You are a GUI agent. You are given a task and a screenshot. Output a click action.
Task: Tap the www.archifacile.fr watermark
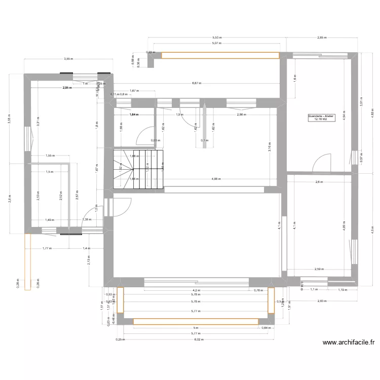[x=349, y=343]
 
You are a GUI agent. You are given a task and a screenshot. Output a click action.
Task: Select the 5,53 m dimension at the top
[x=216, y=37]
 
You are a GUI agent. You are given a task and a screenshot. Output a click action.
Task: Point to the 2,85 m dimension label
[x=322, y=37]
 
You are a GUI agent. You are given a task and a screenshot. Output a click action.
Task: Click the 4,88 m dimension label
[x=215, y=179]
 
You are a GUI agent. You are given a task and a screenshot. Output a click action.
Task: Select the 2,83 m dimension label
[x=322, y=301]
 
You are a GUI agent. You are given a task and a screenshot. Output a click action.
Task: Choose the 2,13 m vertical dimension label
[x=88, y=260]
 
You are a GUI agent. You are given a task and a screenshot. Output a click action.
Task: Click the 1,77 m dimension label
[x=47, y=248]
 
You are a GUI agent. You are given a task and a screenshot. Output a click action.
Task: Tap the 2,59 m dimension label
[x=319, y=269]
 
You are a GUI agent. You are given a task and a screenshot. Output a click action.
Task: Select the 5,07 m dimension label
[x=216, y=44]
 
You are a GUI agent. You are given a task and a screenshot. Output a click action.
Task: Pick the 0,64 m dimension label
[x=265, y=328]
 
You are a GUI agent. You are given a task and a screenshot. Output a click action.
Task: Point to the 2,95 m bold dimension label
[x=67, y=88]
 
